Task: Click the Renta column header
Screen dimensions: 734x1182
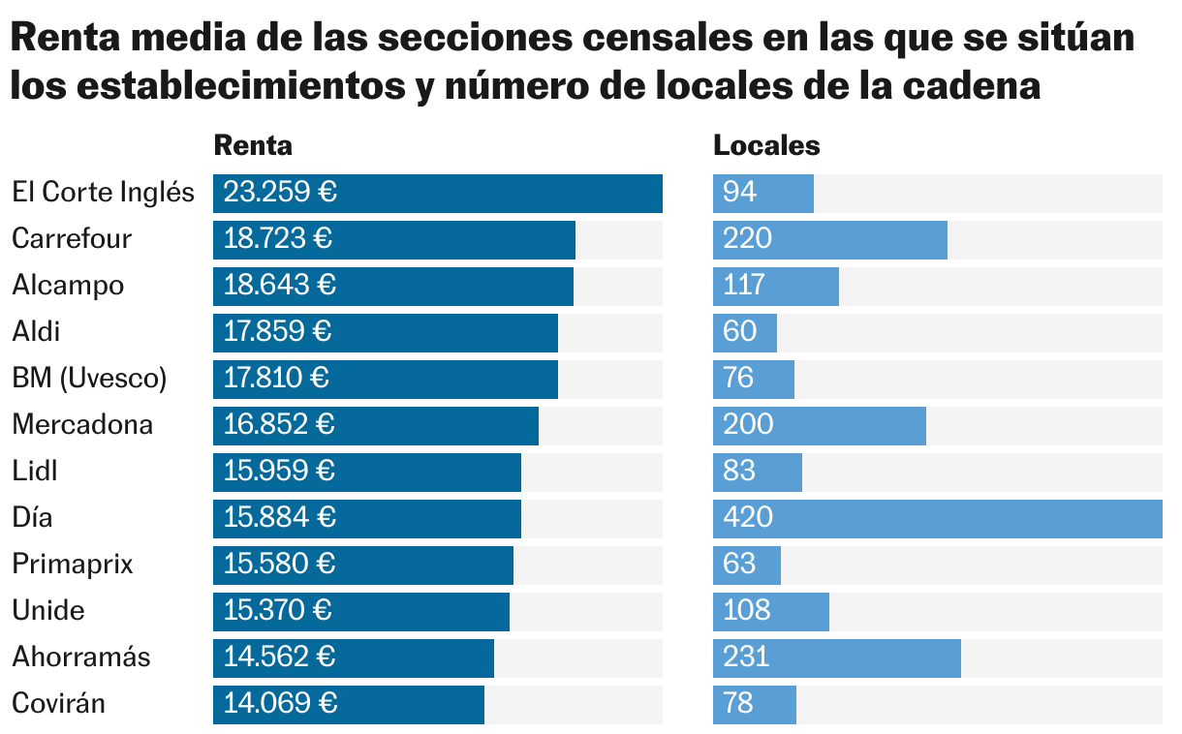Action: [253, 145]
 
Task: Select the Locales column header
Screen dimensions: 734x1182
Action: [766, 145]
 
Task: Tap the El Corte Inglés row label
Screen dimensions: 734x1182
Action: [104, 193]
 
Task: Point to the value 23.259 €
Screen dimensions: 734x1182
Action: [280, 193]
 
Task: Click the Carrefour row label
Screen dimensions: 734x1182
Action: [72, 239]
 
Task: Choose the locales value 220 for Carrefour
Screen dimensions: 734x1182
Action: [748, 239]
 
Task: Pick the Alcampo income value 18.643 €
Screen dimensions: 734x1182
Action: [280, 286]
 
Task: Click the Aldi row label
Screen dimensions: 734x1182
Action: [36, 332]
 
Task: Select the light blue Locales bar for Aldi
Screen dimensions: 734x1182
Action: [746, 332]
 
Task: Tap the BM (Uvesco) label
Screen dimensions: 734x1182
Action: [89, 379]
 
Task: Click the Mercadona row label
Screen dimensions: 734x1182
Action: [82, 425]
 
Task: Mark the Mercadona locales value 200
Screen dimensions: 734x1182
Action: [748, 425]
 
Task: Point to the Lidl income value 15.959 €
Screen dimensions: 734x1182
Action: [280, 472]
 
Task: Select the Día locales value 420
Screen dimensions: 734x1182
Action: [748, 518]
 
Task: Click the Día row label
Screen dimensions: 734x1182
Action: [32, 518]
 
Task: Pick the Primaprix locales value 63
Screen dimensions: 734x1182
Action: [739, 565]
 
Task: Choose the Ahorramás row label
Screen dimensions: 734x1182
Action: [81, 658]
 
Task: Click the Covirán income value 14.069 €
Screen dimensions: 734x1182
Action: [280, 704]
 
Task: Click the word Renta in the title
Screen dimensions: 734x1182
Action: [63, 42]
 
